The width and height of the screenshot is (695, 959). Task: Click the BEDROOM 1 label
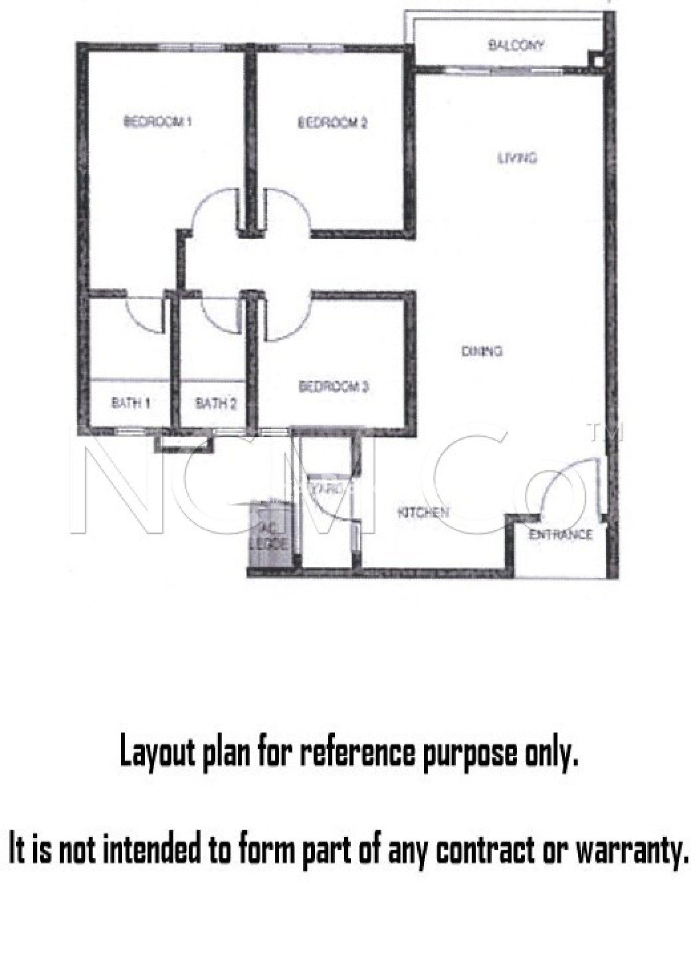click(157, 122)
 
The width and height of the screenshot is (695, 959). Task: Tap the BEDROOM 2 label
click(333, 123)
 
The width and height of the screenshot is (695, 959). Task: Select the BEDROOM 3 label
click(333, 387)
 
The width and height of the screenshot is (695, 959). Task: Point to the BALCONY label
click(516, 45)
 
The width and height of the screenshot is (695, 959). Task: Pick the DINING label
click(482, 351)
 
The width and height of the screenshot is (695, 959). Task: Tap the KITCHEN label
click(423, 512)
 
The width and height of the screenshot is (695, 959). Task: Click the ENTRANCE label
click(560, 534)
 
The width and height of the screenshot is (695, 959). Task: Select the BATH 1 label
click(131, 403)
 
